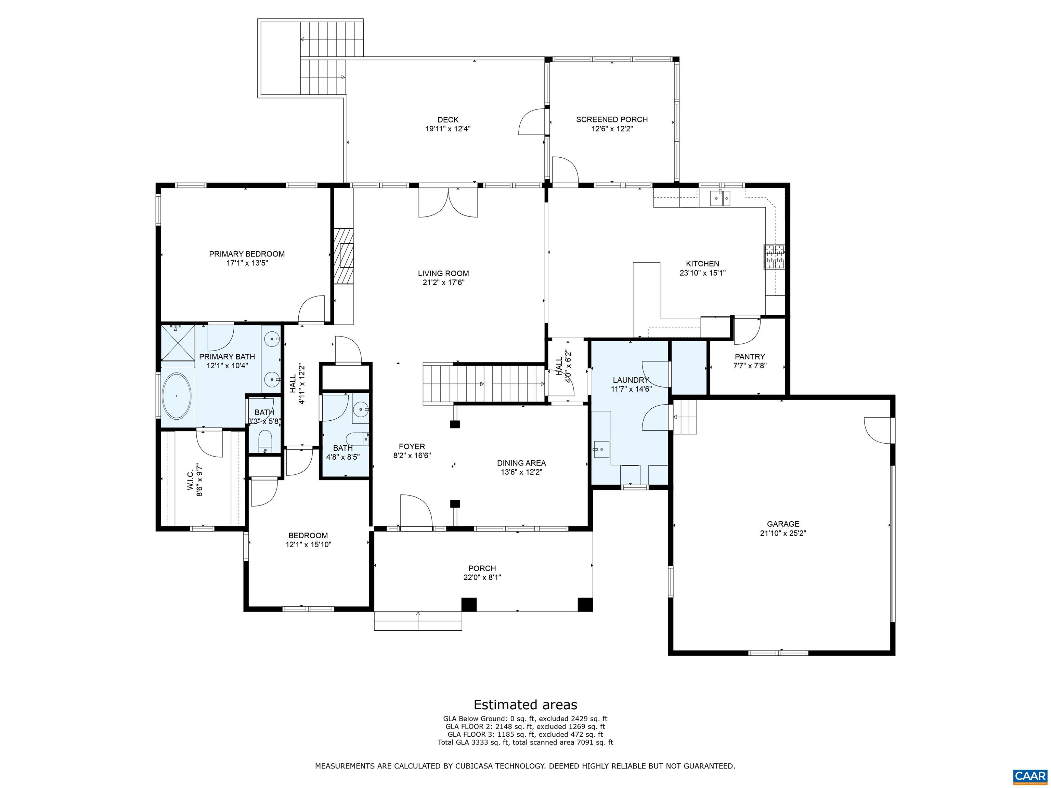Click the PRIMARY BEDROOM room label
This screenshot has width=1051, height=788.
point(247,254)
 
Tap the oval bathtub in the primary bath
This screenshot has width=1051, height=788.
point(177,396)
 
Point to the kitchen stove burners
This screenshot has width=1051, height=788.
point(774,257)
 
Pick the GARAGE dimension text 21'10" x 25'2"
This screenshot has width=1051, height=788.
point(782,533)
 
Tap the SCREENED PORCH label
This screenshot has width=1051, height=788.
point(611,120)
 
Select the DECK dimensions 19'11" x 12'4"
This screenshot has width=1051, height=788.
point(447,129)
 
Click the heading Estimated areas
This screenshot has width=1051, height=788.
point(525,705)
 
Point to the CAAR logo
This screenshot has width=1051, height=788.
point(1030,776)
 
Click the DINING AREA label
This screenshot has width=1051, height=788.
point(521,463)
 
